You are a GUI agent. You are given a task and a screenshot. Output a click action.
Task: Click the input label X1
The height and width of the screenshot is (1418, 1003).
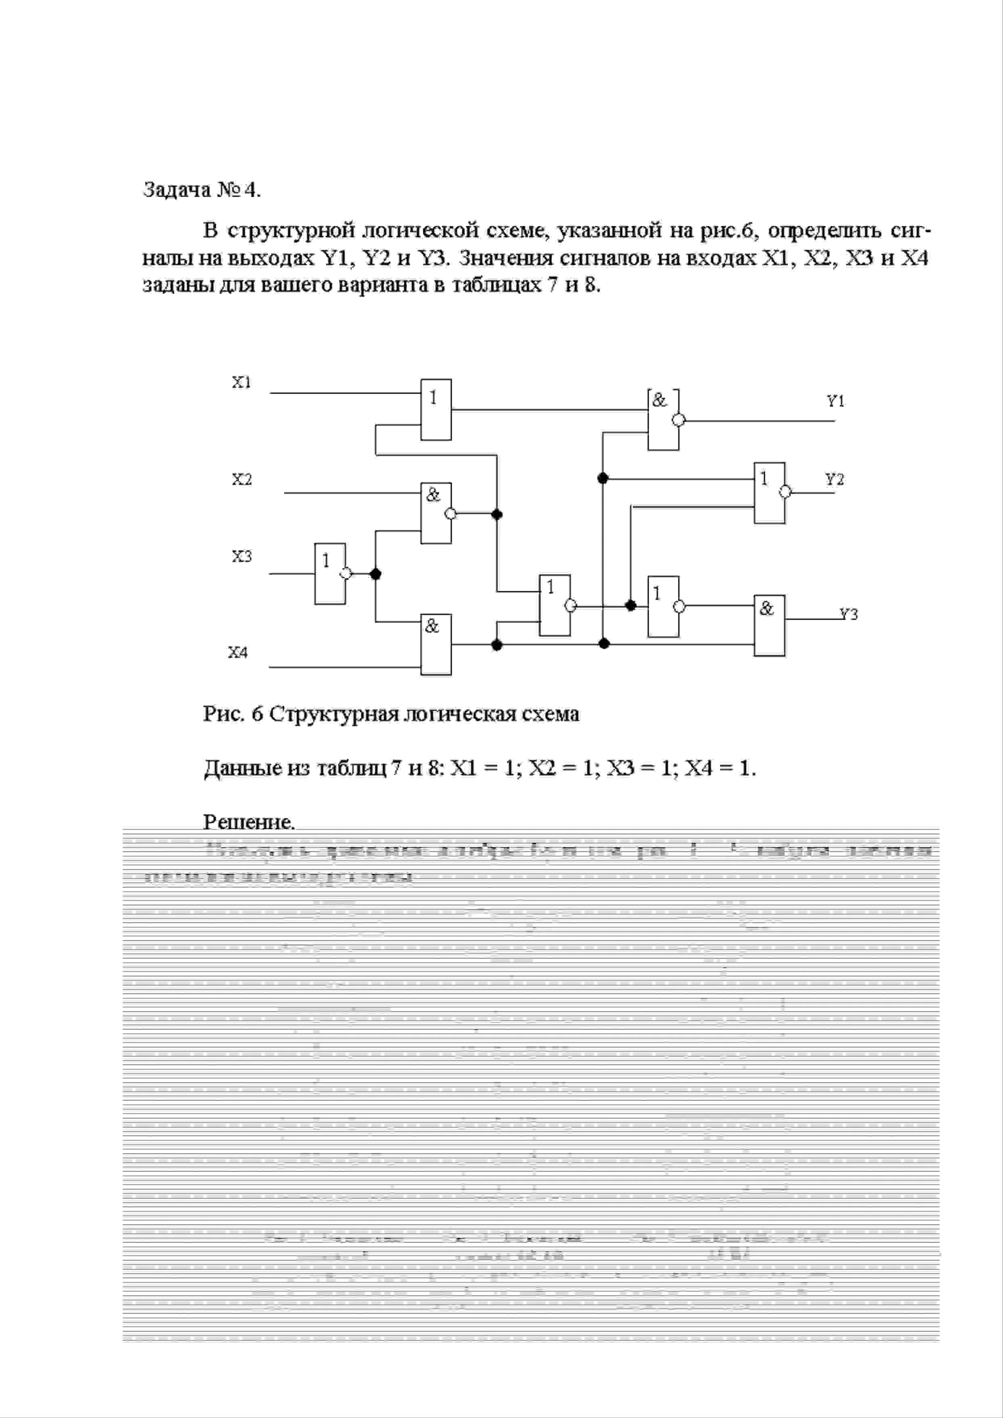coord(241,382)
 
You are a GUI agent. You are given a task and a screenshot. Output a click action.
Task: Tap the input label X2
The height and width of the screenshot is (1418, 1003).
coord(241,479)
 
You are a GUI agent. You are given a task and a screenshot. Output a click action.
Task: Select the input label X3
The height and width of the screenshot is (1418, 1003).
coord(241,557)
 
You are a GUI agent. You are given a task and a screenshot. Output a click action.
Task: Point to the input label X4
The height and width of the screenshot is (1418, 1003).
coord(238,652)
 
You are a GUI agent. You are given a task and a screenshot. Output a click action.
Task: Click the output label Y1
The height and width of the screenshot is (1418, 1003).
coord(835,402)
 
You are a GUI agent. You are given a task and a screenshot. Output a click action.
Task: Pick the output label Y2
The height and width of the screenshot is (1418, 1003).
coord(835,479)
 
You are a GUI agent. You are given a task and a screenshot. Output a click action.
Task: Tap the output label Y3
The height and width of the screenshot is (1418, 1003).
coord(848,614)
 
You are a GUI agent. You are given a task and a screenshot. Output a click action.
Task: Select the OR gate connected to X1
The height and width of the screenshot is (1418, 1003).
coord(436,409)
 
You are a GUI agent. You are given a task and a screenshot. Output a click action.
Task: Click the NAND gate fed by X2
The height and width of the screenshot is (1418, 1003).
coord(436,513)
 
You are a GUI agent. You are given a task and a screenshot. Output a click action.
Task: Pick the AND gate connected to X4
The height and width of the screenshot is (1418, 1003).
coord(436,645)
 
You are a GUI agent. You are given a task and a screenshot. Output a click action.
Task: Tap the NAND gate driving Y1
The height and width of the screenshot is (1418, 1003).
coord(663,420)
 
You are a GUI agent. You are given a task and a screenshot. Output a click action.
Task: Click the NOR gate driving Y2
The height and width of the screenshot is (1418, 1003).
coord(769,493)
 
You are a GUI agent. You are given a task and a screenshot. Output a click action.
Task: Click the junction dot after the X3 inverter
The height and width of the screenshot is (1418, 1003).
coord(375,574)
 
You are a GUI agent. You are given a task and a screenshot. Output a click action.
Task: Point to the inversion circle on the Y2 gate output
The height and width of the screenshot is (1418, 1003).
coord(785,492)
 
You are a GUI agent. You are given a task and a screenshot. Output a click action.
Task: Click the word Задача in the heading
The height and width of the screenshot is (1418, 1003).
coord(176,190)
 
